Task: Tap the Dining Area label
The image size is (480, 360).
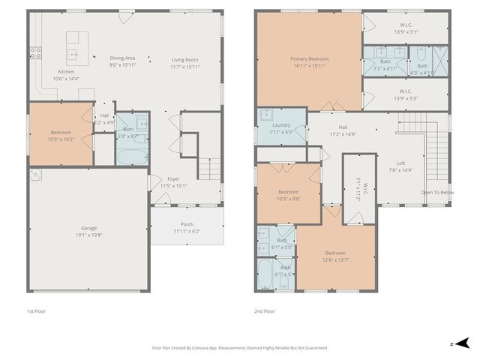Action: (122, 58)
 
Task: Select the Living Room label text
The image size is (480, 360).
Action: (184, 60)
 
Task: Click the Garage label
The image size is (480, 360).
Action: (89, 227)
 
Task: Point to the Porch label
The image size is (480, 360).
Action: (187, 224)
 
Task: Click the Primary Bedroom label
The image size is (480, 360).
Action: (309, 58)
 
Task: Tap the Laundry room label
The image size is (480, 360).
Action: (281, 125)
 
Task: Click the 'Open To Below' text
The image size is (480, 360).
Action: (436, 192)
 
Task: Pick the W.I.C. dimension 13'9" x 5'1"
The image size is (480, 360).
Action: (405, 32)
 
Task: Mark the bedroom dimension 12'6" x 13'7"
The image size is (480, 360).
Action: (336, 259)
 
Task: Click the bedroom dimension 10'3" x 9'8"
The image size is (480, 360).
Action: (288, 199)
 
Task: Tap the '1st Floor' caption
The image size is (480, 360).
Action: (37, 310)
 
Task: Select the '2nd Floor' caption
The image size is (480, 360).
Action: (265, 310)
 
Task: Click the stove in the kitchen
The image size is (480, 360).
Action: (35, 52)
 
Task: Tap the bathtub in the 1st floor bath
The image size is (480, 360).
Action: (133, 156)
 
